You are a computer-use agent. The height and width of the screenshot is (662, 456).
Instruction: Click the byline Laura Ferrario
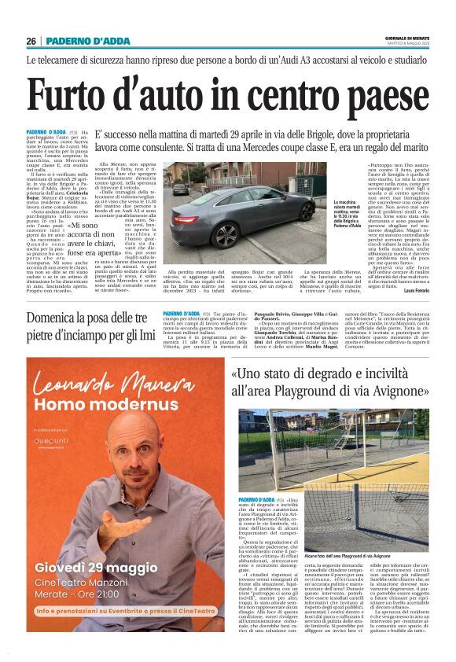pos(414,291)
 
